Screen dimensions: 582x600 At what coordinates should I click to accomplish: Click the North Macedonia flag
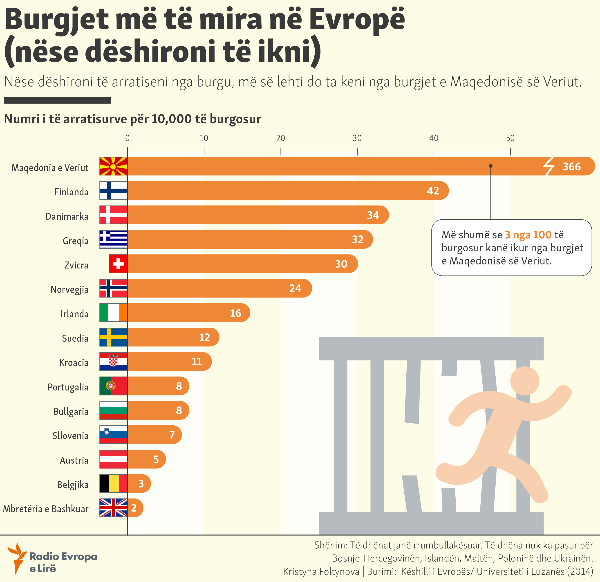[113, 166]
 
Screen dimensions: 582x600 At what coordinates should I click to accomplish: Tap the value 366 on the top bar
[571, 167]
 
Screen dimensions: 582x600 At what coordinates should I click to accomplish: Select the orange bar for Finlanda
[275, 191]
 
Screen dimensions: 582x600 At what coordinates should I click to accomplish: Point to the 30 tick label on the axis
[357, 138]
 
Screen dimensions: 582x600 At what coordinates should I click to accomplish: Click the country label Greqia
[75, 241]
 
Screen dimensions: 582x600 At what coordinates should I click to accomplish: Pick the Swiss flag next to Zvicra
[118, 264]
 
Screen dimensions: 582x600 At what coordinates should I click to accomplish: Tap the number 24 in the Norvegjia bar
[295, 288]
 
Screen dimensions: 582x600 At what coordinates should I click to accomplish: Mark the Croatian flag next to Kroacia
[113, 361]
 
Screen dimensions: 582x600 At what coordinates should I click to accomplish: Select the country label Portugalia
[68, 387]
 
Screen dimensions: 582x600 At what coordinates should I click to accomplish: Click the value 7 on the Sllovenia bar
[172, 435]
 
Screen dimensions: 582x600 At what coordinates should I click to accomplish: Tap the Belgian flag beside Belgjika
[113, 483]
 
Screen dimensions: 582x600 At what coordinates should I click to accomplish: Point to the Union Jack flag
[113, 508]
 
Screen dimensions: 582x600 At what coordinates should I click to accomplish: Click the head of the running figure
[525, 381]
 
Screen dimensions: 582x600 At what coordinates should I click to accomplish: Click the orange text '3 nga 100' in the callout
[528, 235]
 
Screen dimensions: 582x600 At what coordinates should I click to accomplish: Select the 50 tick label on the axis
[510, 138]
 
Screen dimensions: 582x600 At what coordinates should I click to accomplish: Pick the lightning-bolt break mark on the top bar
[549, 166]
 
